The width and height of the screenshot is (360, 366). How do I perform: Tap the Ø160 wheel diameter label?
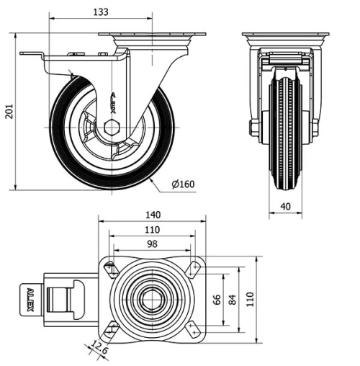[183, 184]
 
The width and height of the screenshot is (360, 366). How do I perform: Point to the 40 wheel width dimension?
[285, 207]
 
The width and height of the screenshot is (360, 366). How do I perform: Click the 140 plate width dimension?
[151, 215]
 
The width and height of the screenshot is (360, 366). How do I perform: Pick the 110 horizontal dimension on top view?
[151, 229]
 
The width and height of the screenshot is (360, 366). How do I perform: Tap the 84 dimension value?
[233, 299]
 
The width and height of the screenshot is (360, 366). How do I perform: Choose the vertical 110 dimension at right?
[251, 299]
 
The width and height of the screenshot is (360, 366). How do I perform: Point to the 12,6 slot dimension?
[99, 351]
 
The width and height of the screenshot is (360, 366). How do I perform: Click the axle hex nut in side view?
[110, 128]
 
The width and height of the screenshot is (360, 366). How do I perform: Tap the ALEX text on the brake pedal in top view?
[30, 299]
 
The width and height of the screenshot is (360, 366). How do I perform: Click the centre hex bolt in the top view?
[152, 299]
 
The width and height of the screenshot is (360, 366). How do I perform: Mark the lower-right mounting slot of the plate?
[193, 329]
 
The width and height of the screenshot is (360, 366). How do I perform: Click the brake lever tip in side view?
[24, 55]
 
